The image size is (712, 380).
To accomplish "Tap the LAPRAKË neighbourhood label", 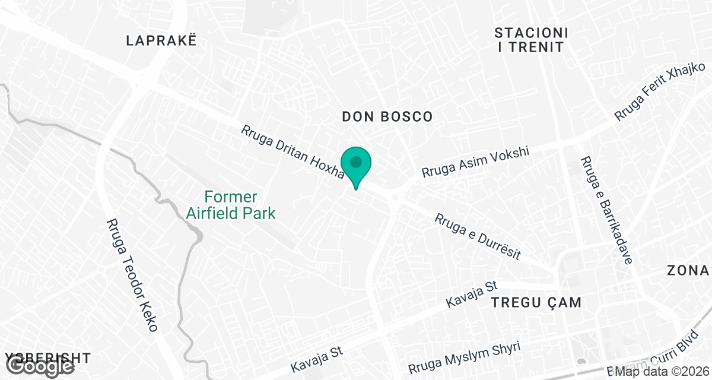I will [x=161, y=40].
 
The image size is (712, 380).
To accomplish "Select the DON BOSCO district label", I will [x=387, y=116].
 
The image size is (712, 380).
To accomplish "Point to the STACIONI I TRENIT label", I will [x=532, y=39].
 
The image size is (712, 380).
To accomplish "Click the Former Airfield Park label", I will [x=231, y=205].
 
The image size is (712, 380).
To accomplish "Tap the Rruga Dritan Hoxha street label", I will [x=293, y=151].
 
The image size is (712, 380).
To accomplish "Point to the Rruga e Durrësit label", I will [x=478, y=236].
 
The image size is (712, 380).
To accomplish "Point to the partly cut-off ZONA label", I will [x=688, y=271].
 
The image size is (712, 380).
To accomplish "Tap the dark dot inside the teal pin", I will [x=356, y=161].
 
